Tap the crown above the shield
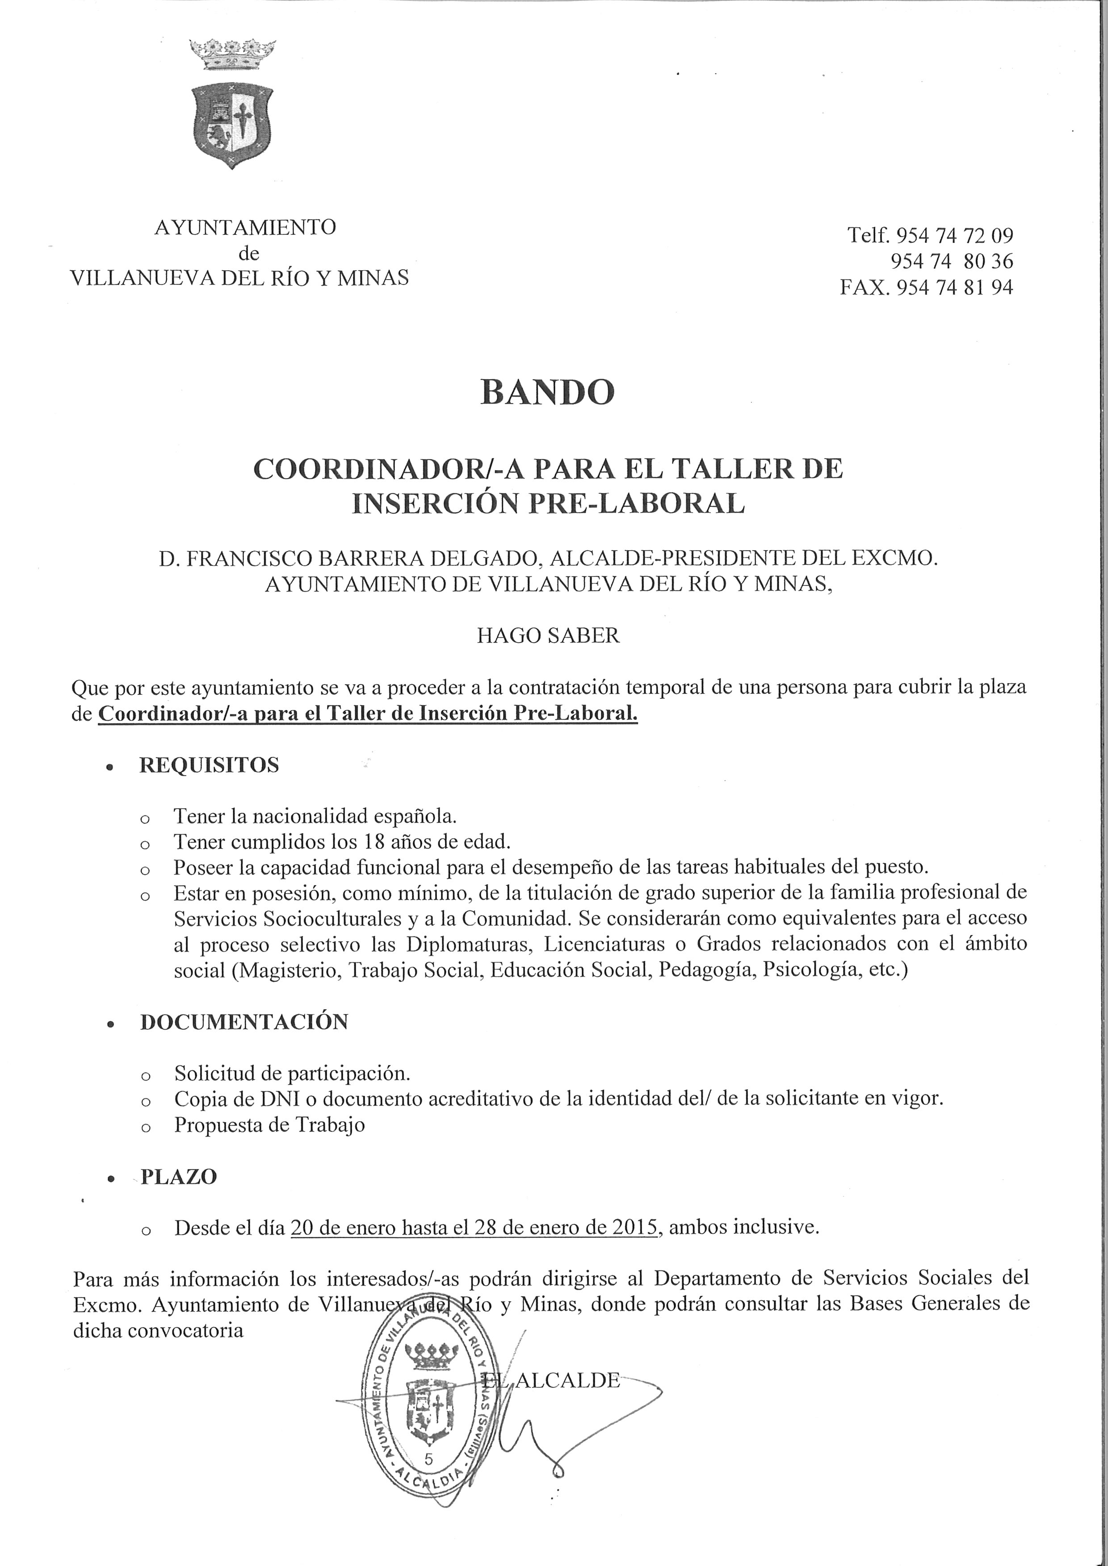coord(233,54)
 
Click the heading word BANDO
coord(547,392)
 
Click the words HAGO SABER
coord(548,636)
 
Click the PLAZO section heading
coord(179,1177)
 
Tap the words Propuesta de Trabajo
coord(269,1125)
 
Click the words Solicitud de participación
coord(292,1073)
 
